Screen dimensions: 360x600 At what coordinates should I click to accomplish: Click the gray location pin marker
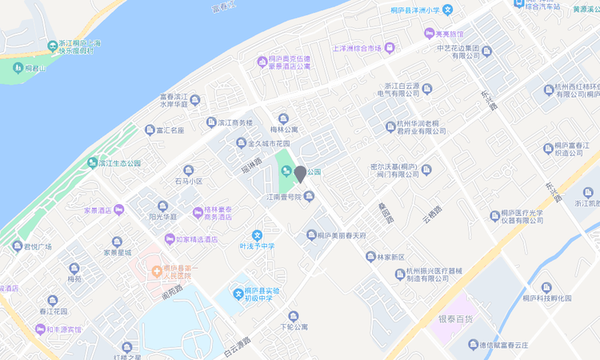[x=300, y=174]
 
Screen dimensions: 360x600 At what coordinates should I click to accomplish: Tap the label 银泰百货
[x=455, y=318]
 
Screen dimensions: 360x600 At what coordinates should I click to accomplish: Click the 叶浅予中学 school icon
[x=257, y=235]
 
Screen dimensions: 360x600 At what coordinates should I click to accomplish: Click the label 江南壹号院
[x=284, y=196]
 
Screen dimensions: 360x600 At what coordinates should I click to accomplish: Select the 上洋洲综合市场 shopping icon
[x=390, y=48]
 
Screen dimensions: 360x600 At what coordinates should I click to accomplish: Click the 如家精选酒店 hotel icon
[x=169, y=239]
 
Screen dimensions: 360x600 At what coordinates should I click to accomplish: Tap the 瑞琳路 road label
[x=252, y=166]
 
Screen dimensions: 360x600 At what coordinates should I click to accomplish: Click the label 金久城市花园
[x=268, y=144]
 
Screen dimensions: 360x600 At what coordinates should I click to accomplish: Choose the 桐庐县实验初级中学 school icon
[x=238, y=294]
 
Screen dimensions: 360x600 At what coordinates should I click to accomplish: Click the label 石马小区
[x=189, y=181]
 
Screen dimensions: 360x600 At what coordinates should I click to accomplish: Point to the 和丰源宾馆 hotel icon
[x=39, y=329]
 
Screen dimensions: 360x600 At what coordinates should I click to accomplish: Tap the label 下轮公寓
[x=294, y=326]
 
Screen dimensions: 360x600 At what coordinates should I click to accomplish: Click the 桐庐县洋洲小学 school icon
[x=448, y=10]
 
